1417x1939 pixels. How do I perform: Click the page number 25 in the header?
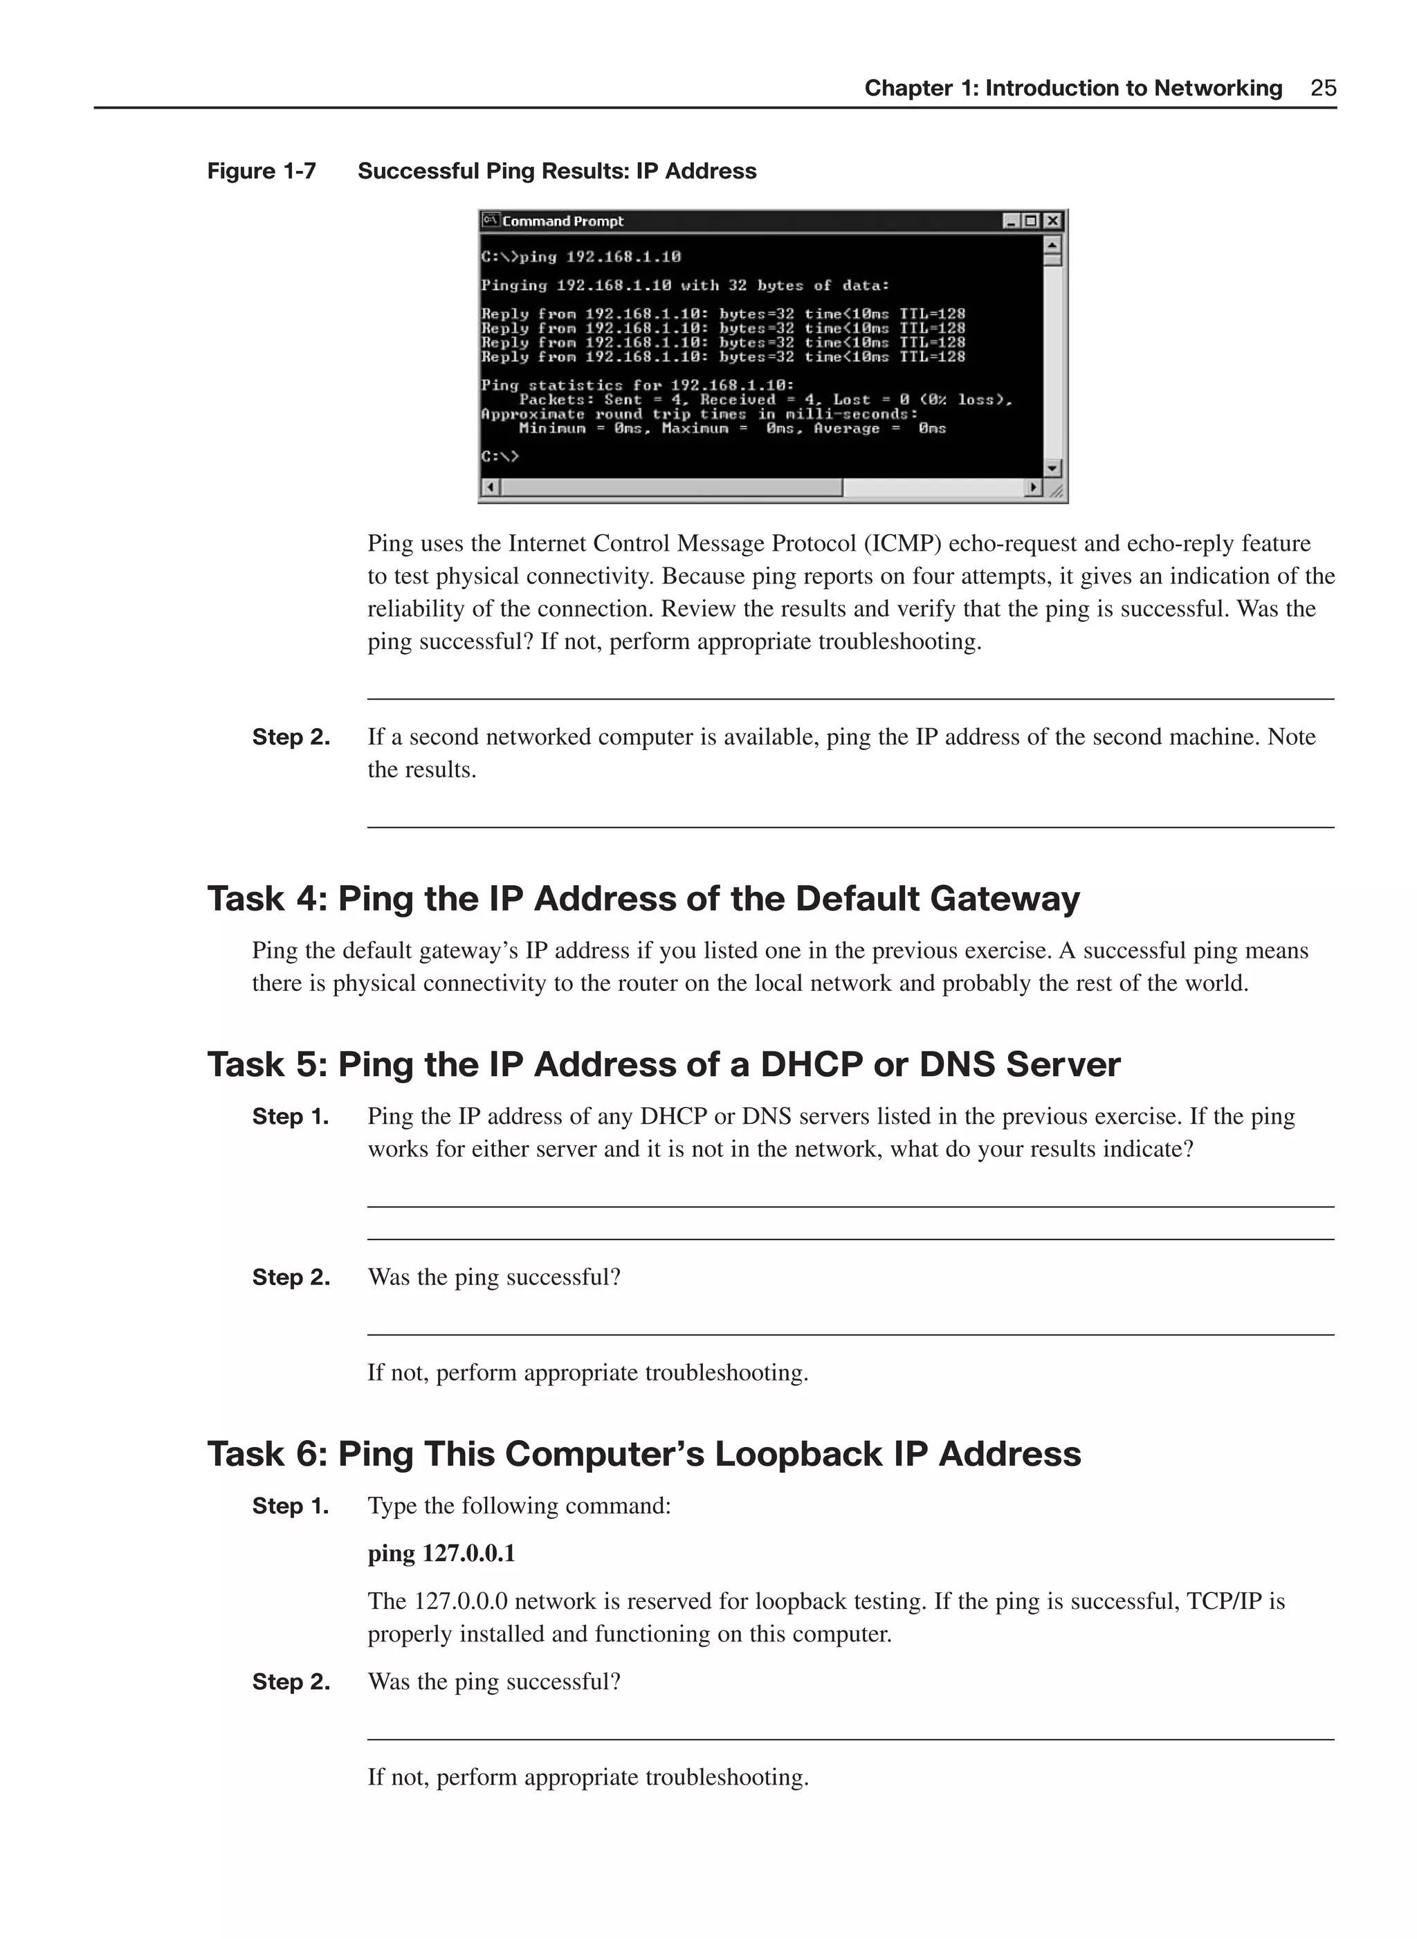1323,89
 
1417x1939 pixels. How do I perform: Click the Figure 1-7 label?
262,172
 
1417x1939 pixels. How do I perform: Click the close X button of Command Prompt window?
1052,221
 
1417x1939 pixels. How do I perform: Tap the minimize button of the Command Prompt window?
1012,221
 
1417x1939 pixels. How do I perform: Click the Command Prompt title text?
563,221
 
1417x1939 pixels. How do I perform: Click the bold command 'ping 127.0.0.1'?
441,1554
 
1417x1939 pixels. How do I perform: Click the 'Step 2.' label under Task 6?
291,1682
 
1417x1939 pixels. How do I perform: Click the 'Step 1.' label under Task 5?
291,1117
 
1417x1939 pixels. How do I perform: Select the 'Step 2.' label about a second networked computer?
291,738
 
